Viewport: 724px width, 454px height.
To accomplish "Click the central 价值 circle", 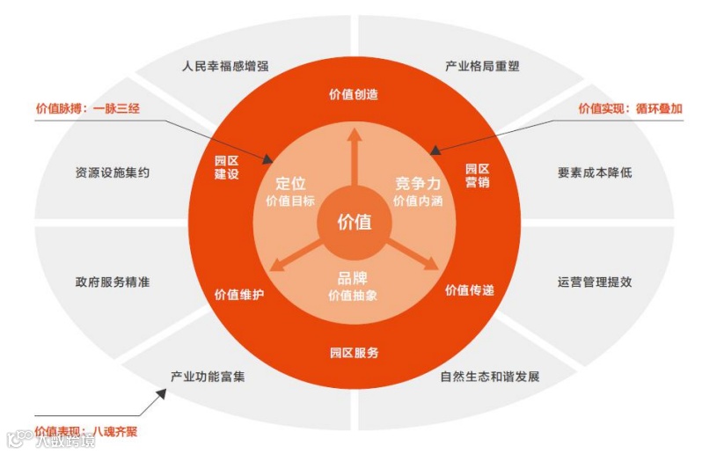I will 355,222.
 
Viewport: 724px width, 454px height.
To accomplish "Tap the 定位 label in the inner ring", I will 290,183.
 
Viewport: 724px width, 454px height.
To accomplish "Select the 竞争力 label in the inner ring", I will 417,183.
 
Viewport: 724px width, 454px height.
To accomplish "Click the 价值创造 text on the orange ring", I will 354,95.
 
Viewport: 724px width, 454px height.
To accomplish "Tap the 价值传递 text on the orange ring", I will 469,290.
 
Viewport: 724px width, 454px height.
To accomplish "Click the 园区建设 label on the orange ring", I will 227,168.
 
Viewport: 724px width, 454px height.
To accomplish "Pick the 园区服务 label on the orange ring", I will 355,353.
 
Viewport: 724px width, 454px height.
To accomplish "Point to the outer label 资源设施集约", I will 113,172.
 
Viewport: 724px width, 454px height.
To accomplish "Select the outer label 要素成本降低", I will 595,172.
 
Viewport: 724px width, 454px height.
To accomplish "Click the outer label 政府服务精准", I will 113,282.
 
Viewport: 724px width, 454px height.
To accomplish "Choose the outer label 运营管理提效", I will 595,282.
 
